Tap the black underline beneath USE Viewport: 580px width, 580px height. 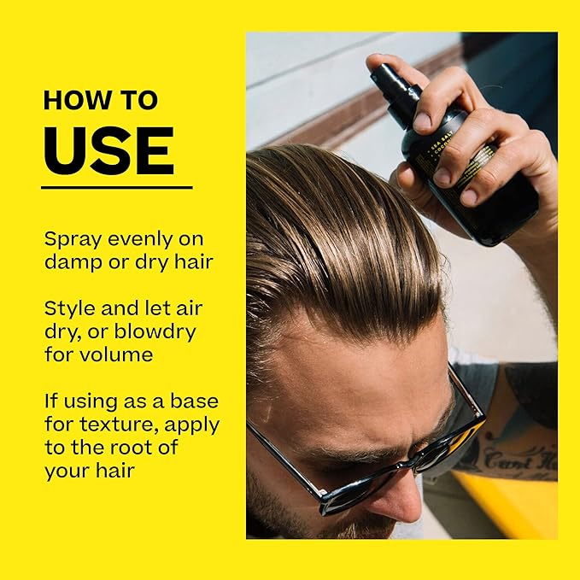click(x=116, y=186)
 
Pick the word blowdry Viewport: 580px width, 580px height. click(x=166, y=330)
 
